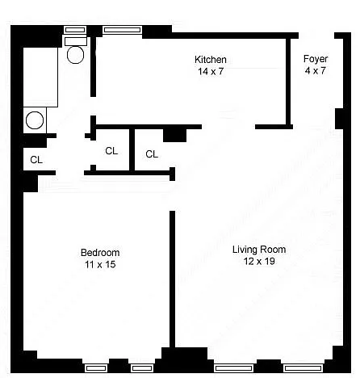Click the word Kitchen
[x=211, y=59]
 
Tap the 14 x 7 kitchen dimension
[x=211, y=71]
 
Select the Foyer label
[x=316, y=59]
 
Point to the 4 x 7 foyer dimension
[x=316, y=70]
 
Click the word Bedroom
[x=100, y=253]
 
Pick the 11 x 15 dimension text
[x=100, y=264]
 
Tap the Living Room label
[x=259, y=250]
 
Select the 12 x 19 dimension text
[x=259, y=261]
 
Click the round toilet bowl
[x=75, y=55]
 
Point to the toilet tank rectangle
[x=76, y=41]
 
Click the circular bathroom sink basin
[x=35, y=120]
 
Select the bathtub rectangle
[x=40, y=77]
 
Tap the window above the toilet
[x=75, y=30]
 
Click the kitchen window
[x=123, y=30]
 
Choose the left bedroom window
[x=96, y=367]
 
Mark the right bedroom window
[x=142, y=367]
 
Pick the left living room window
[x=233, y=367]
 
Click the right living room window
[x=303, y=367]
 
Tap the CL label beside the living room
[x=152, y=154]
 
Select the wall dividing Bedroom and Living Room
[x=172, y=279]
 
